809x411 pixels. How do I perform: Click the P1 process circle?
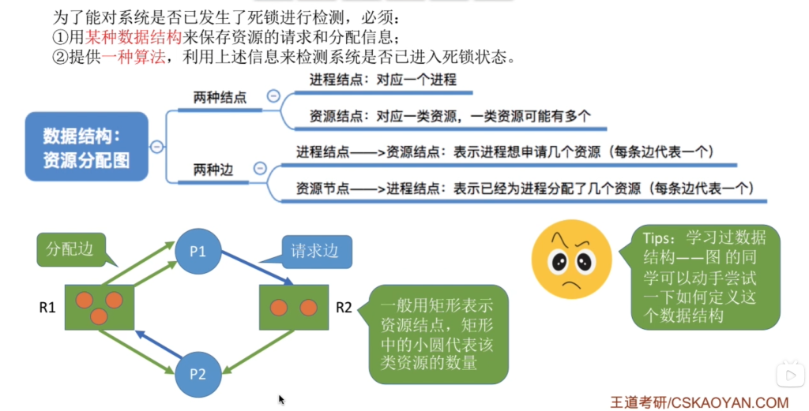pyautogui.click(x=198, y=251)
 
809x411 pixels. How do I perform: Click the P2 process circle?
pyautogui.click(x=198, y=374)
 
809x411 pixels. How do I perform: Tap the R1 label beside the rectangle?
pyautogui.click(x=47, y=308)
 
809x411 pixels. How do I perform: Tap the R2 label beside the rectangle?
pyautogui.click(x=344, y=308)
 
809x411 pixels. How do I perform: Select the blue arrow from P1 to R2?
pyautogui.click(x=257, y=267)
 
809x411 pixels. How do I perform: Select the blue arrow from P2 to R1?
pyautogui.click(x=158, y=344)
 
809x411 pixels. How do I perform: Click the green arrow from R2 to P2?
pyautogui.click(x=259, y=351)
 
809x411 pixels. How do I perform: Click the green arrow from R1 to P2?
pyautogui.click(x=136, y=351)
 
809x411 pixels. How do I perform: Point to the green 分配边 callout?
pyautogui.click(x=71, y=250)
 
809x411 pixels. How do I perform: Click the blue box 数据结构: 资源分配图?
pyautogui.click(x=87, y=146)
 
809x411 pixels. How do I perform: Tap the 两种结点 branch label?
pyautogui.click(x=220, y=97)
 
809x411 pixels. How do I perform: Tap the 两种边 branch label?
pyautogui.click(x=213, y=170)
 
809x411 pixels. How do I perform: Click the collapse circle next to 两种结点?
pyautogui.click(x=273, y=95)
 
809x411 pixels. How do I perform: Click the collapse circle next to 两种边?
pyautogui.click(x=260, y=168)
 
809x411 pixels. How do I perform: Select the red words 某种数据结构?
pyautogui.click(x=133, y=37)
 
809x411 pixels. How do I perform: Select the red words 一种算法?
pyautogui.click(x=133, y=57)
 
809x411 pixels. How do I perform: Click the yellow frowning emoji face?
pyautogui.click(x=572, y=259)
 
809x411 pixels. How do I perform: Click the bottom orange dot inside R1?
pyautogui.click(x=99, y=316)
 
